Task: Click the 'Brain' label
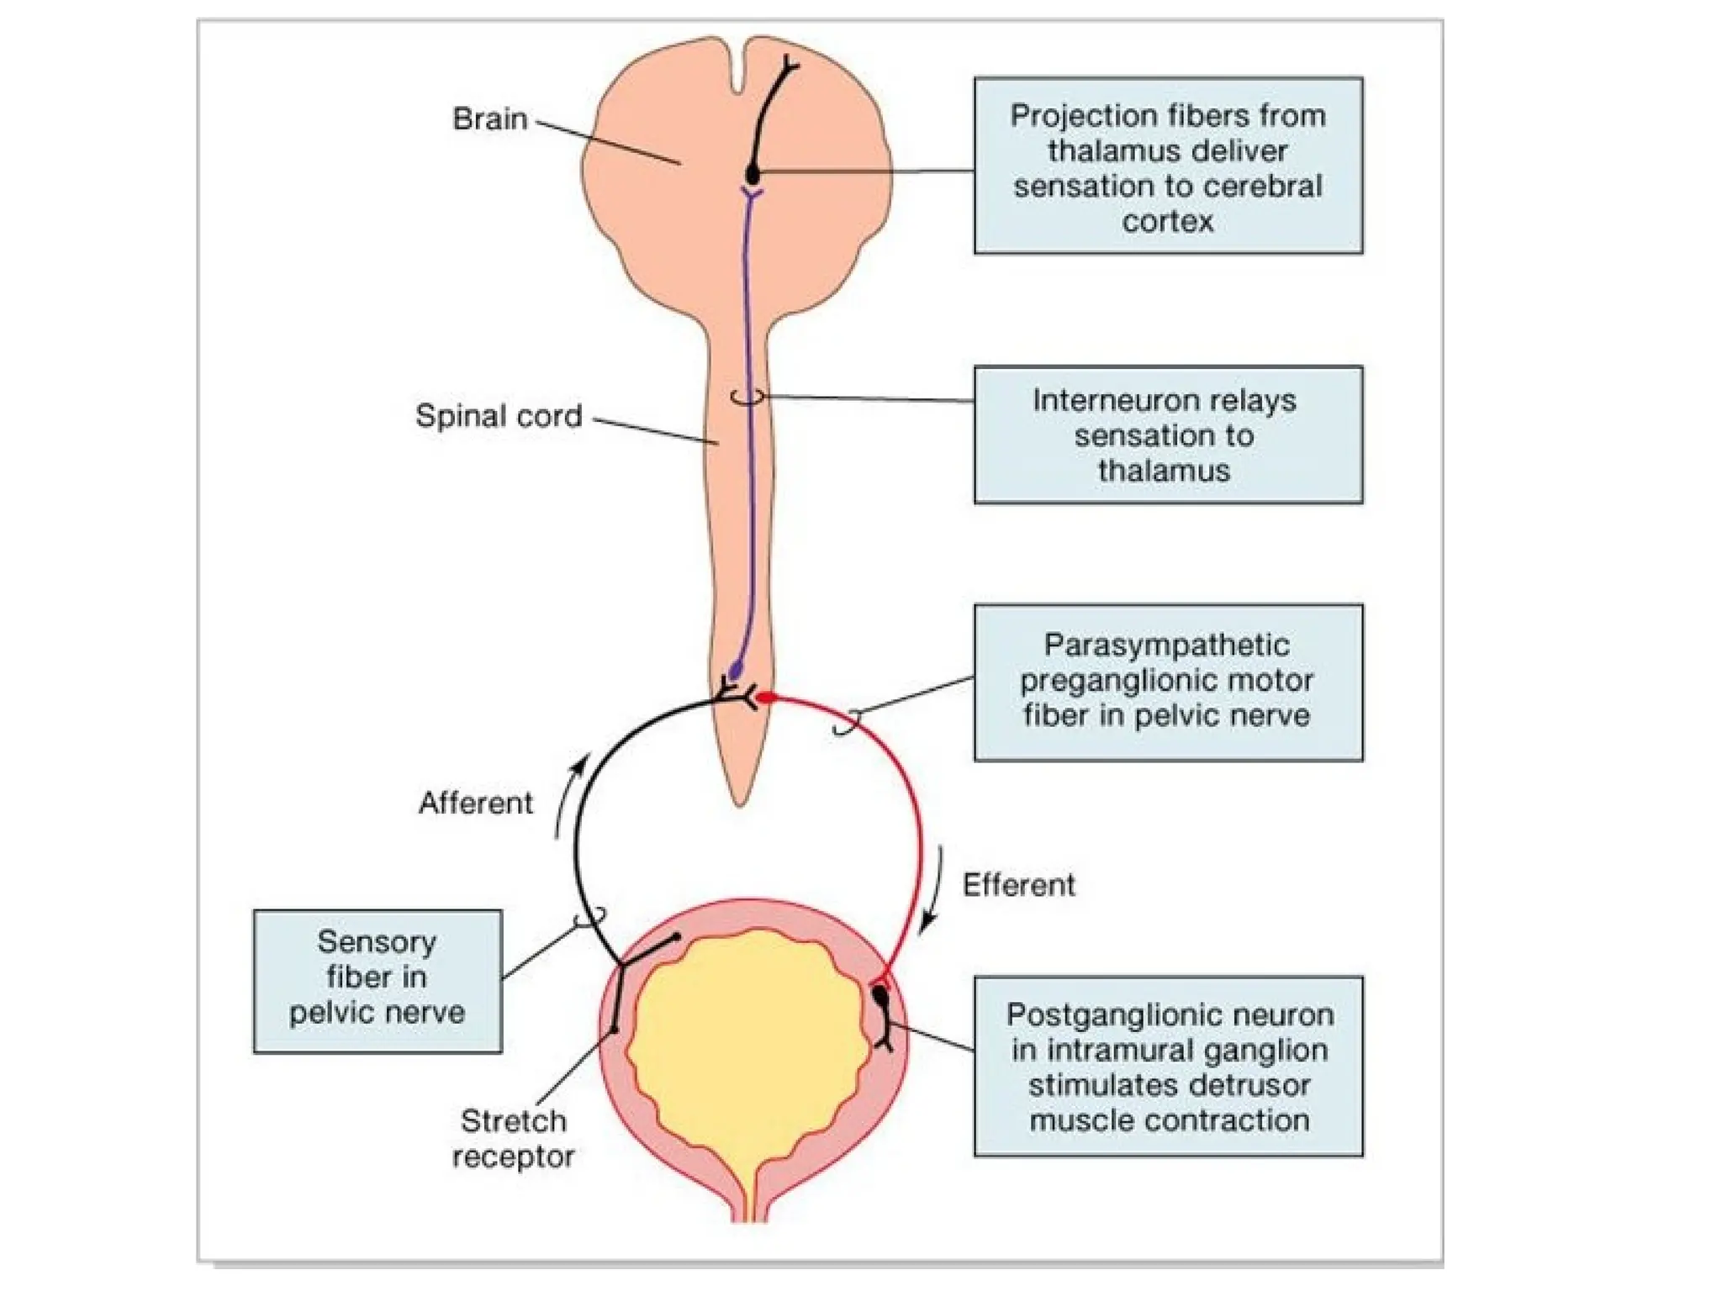point(489,119)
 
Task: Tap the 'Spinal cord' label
point(499,416)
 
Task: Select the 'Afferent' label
point(476,804)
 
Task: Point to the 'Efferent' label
point(1018,885)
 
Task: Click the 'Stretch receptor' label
point(513,1139)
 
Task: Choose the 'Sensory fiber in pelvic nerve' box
point(378,981)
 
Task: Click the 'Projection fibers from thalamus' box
point(1168,166)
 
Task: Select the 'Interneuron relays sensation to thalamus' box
point(1168,435)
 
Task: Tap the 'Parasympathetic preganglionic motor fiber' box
point(1168,682)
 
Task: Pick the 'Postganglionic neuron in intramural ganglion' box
point(1168,1067)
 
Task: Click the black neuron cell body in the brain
point(753,176)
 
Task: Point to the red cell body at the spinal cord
point(766,698)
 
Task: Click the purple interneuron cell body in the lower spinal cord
point(737,671)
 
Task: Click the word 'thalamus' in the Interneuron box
point(1164,471)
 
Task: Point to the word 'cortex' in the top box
point(1167,221)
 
